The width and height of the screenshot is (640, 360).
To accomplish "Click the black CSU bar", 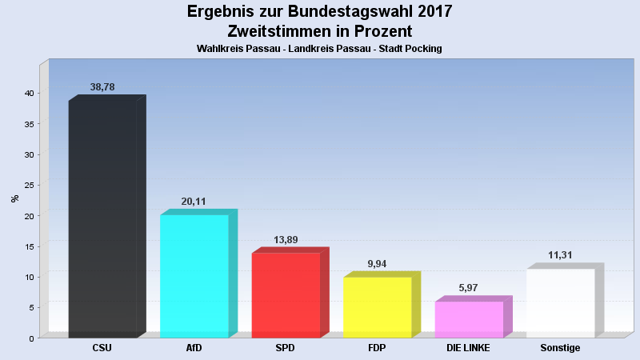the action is tap(107, 216).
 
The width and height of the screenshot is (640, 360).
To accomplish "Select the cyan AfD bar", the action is tap(198, 274).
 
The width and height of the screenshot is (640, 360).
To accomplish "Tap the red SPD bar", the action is tap(290, 293).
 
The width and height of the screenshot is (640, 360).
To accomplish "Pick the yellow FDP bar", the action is tap(382, 305).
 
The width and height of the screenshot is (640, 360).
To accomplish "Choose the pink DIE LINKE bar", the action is tap(474, 317).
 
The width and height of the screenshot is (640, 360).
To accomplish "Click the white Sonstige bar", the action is tap(565, 301).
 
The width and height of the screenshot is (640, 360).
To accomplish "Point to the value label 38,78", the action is tap(102, 87).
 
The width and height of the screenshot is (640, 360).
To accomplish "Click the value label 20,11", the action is tap(194, 202).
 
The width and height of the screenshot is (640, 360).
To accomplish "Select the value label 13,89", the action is tap(286, 239).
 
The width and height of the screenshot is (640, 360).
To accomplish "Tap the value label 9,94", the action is tap(377, 264).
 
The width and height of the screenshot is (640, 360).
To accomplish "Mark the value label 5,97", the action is tap(468, 288).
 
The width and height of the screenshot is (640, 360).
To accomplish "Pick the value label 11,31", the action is tap(560, 255).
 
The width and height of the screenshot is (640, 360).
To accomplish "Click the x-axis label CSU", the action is tap(102, 348).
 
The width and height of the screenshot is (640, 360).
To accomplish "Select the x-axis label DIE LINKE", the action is tap(468, 348).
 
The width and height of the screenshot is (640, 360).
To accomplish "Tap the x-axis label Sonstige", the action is tap(560, 348).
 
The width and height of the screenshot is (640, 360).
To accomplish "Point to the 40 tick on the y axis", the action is tap(30, 93).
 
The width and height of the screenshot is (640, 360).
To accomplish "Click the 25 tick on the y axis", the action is tap(30, 185).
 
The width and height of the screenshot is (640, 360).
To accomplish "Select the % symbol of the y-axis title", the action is tap(15, 198).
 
